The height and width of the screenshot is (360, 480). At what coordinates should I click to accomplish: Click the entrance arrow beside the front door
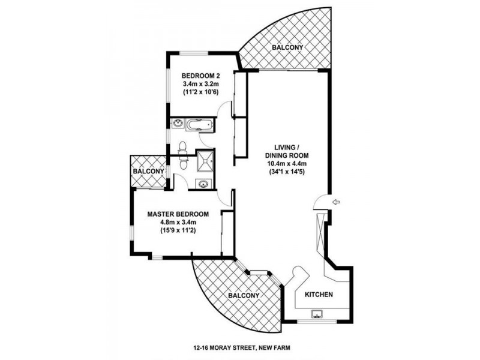point(335,202)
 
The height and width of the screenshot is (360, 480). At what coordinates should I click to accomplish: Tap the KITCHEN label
point(319,295)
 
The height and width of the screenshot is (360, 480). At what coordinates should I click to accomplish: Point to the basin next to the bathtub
point(178,125)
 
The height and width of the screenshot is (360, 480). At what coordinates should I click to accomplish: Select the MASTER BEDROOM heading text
point(178,214)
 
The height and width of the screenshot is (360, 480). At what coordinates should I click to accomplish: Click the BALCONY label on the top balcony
point(286,47)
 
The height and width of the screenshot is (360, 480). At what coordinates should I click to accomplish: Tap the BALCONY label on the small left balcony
point(148,172)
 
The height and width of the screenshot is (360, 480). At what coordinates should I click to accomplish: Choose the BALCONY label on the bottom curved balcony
point(243,296)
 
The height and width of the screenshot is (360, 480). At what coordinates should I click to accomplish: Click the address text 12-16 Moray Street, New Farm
point(242,346)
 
